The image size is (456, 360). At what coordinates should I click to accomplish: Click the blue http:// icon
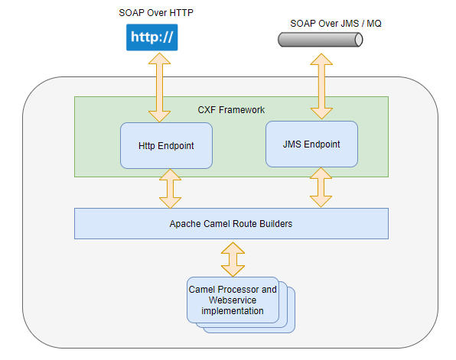pos(151,37)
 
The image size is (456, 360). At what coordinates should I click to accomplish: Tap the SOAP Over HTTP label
pos(156,13)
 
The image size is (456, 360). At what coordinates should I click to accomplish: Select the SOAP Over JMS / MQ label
pos(336,24)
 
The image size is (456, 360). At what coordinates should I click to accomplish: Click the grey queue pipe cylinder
pos(320,40)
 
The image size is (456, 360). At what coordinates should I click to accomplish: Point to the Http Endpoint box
pos(166,145)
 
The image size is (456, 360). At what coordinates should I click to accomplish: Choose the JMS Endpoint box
pos(311,144)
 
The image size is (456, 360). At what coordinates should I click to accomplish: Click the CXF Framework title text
pos(231,110)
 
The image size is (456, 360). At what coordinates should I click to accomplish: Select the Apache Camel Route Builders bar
pos(231,223)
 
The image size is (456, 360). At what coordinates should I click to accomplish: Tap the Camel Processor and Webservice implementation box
pos(233,300)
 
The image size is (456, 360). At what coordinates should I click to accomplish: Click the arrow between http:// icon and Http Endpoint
pos(159,87)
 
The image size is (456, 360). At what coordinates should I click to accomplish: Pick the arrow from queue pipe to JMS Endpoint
pos(321,86)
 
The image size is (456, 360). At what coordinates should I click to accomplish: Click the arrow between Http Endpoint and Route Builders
pos(170,189)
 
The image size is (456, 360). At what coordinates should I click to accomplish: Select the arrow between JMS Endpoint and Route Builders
pos(321,187)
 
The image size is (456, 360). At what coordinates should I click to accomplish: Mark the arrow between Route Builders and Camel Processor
pos(233,259)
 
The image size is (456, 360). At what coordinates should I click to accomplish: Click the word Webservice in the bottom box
pos(233,300)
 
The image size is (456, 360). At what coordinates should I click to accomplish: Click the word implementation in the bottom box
pos(233,311)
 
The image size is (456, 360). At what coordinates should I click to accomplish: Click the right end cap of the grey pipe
pos(359,40)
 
